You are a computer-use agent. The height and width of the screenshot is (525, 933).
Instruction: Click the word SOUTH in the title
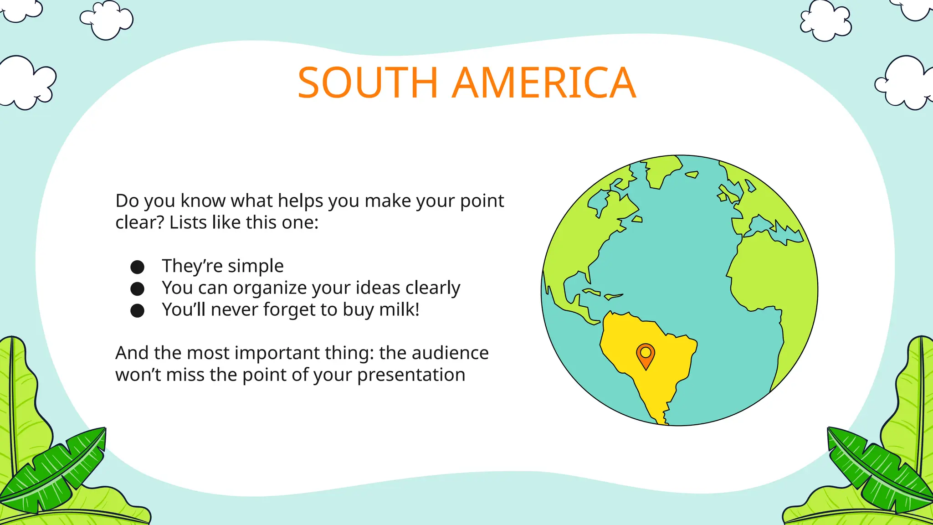click(x=367, y=83)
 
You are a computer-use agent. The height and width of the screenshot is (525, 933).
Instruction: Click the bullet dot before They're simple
click(x=137, y=267)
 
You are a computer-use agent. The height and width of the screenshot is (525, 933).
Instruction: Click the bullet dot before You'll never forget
click(x=137, y=311)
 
